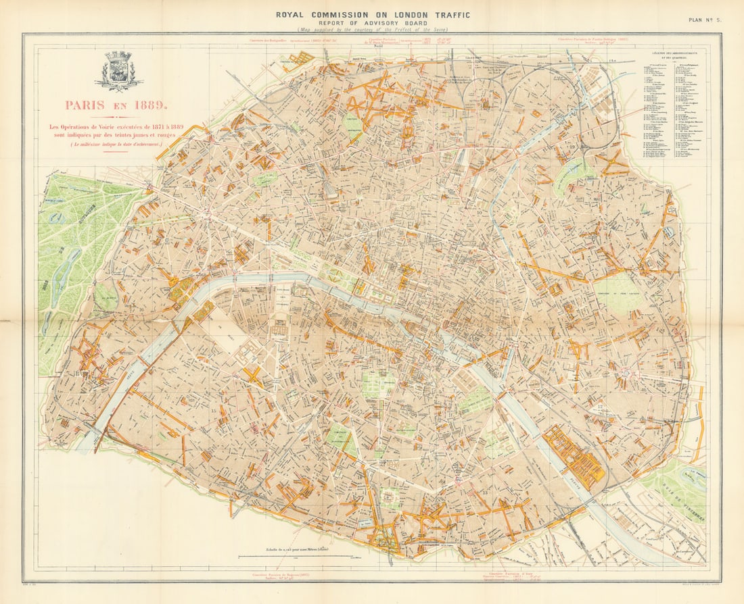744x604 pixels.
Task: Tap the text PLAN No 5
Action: point(705,20)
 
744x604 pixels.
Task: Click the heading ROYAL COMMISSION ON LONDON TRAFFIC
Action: point(372,14)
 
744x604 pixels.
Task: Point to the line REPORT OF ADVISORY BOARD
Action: point(372,22)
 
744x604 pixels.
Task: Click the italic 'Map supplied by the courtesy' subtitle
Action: point(372,30)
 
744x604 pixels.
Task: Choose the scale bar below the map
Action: point(295,557)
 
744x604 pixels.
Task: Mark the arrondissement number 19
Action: point(572,147)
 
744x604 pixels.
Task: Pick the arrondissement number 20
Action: point(649,284)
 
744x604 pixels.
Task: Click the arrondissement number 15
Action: point(214,409)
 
